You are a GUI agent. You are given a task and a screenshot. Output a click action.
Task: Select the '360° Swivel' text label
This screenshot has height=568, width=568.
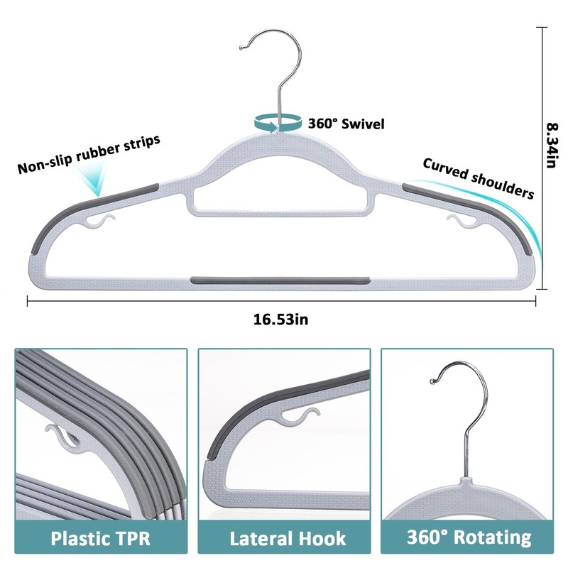[346, 124]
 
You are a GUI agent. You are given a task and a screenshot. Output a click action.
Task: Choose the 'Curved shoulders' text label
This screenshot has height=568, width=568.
[479, 177]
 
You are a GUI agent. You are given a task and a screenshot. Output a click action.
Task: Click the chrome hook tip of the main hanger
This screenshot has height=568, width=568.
[243, 48]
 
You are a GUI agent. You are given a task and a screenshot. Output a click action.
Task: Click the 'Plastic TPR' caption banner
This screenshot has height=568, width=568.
[100, 537]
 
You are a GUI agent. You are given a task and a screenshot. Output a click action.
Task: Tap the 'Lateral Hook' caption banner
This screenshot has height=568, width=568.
[283, 537]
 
